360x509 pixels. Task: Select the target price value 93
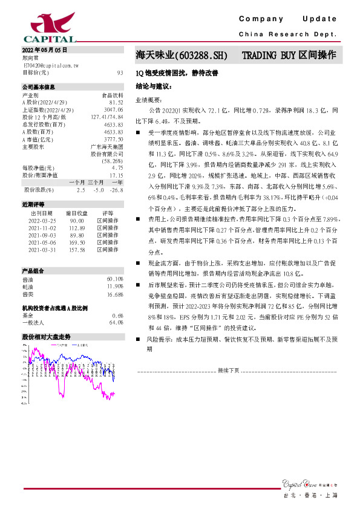(x=120, y=72)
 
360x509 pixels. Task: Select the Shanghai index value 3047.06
(x=114, y=110)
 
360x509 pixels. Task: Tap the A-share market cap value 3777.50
(x=114, y=139)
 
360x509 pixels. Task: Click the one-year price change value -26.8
(x=116, y=190)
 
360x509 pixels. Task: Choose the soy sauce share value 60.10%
(x=114, y=279)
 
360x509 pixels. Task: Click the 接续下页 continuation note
(x=228, y=369)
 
